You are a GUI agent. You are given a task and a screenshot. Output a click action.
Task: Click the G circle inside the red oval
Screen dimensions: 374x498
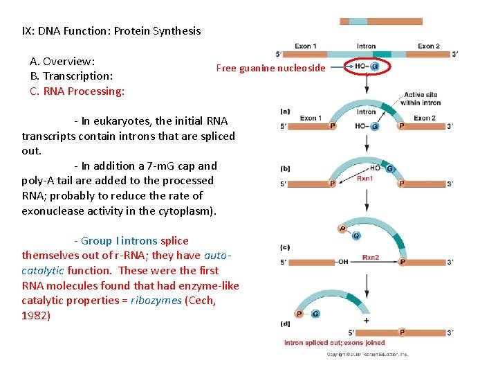[375, 67]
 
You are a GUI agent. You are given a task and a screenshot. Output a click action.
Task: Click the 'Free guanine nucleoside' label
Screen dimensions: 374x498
[270, 68]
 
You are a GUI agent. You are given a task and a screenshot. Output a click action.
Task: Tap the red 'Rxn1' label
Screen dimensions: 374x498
[365, 179]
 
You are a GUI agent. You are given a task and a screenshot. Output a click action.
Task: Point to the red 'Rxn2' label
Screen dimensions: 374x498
[371, 258]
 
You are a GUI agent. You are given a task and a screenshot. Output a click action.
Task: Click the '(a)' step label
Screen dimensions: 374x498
[285, 111]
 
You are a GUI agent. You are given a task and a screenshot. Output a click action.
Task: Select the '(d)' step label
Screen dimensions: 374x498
[285, 323]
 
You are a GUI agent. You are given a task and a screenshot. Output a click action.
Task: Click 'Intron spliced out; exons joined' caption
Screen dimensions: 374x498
[335, 343]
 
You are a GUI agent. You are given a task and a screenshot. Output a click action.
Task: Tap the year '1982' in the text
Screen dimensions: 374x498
[36, 316]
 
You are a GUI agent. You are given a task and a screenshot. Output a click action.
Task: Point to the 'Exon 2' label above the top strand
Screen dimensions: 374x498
[428, 46]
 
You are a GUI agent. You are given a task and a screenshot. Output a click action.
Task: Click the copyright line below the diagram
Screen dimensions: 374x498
[367, 354]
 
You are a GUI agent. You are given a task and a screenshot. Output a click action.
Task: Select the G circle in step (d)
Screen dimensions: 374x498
[315, 314]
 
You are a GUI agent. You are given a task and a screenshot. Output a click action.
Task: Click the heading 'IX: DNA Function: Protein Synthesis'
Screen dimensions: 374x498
[111, 30]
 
